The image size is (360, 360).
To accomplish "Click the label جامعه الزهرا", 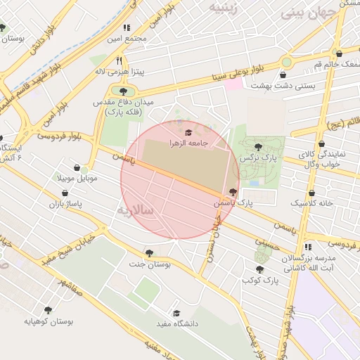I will (188, 143).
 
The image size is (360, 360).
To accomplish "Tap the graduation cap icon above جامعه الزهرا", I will (188, 132).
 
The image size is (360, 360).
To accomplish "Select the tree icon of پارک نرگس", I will (258, 147).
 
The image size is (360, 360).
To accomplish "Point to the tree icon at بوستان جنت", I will (148, 253).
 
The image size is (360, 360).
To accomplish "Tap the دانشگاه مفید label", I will (181, 323).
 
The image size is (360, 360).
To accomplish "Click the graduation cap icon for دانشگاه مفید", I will (176, 313).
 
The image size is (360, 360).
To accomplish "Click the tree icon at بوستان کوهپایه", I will (48, 310).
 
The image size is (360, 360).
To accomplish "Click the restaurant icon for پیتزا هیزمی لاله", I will (119, 61).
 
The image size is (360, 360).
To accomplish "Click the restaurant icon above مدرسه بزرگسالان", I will (308, 247).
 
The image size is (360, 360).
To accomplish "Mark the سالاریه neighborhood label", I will (134, 210).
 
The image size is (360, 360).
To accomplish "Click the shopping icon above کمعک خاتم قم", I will (340, 53).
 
